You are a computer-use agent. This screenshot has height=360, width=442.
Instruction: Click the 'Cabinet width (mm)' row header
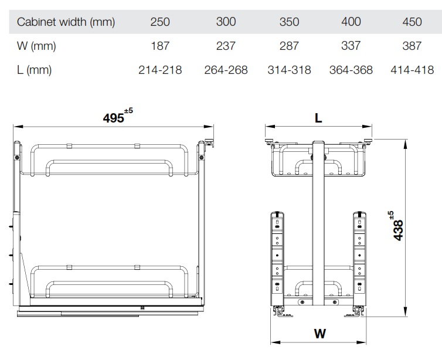pos(66,22)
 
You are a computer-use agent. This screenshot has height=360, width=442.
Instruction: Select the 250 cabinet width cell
pos(160,22)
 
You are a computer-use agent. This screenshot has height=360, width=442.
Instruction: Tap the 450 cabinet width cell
pos(412,22)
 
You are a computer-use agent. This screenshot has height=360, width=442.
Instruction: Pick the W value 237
pos(226,46)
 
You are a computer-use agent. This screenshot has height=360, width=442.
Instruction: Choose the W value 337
pos(351,46)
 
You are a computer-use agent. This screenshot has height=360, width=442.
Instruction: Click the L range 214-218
pos(160,70)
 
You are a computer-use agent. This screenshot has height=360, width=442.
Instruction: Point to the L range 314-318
pos(289,70)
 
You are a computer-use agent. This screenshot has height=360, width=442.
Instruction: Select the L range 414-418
pos(412,70)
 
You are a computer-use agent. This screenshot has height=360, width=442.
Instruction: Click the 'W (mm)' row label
pos(36,46)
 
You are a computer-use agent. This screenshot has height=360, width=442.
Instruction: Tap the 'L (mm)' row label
pos(34,70)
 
